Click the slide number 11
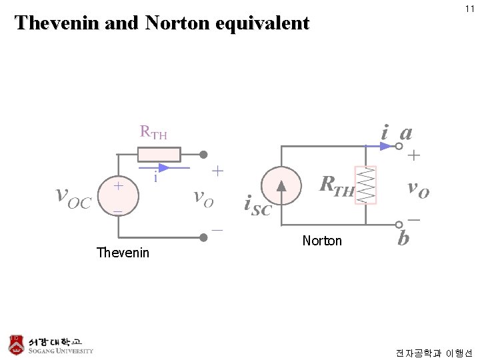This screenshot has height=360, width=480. [469, 9]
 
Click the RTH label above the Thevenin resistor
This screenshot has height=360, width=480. [153, 131]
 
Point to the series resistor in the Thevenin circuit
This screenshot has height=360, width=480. [159, 155]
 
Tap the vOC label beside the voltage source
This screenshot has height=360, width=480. [73, 197]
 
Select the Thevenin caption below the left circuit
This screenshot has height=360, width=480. [123, 252]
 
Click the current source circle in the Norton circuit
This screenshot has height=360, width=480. [281, 187]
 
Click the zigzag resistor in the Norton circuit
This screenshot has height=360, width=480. [366, 185]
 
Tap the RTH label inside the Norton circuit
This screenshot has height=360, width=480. [337, 185]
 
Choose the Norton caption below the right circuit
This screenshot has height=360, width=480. [322, 241]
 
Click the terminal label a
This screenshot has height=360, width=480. [405, 132]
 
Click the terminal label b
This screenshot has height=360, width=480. [403, 238]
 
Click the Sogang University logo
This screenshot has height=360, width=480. [51, 344]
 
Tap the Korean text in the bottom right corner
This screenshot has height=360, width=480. [433, 353]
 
